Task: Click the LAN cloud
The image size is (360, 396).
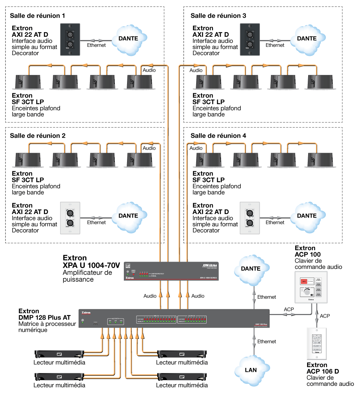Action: [x=251, y=370]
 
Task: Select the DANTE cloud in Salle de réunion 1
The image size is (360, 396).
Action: [x=128, y=39]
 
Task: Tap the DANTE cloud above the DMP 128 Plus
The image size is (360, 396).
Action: [x=251, y=269]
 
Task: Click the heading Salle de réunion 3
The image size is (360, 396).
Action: [x=218, y=16]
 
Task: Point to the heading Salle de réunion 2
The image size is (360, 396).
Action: [x=38, y=135]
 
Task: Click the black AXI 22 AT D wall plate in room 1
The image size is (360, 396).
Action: [x=70, y=39]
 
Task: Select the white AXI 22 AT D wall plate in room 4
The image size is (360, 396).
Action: [x=249, y=218]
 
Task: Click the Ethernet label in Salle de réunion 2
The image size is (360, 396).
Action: [x=96, y=222]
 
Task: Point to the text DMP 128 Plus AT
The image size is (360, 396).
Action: [x=45, y=317]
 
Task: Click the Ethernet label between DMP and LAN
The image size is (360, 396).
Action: [x=266, y=341]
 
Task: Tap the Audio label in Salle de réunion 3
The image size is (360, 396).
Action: [x=196, y=70]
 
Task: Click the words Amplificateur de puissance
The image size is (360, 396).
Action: [x=87, y=276]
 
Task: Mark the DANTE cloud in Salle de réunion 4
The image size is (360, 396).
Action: [x=307, y=216]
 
